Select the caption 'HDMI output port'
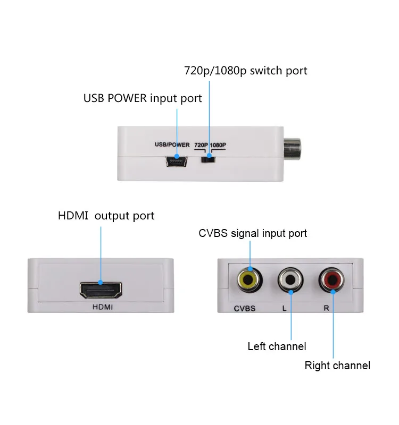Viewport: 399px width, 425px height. (x=106, y=216)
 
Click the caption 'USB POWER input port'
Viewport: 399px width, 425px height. (x=143, y=98)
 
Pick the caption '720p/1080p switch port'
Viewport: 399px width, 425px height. (x=245, y=71)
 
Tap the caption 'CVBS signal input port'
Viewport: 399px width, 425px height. (x=253, y=233)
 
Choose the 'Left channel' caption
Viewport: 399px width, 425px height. (x=277, y=346)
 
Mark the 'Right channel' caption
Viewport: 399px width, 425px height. (x=337, y=365)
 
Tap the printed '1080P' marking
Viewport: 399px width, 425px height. (x=218, y=144)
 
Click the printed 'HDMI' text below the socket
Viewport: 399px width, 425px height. (x=103, y=308)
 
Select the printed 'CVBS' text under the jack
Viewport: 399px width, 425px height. (x=245, y=308)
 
